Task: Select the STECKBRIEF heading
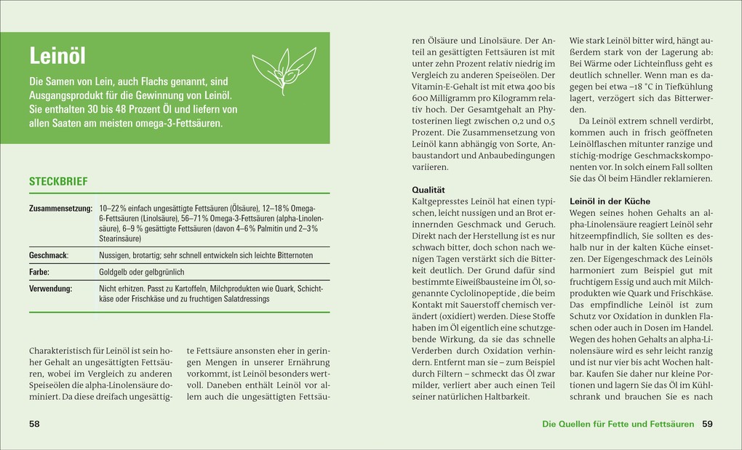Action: point(58,181)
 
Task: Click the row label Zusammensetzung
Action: point(61,208)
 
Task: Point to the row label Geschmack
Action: point(48,255)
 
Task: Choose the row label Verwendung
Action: point(50,289)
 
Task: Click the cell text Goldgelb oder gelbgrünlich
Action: point(141,272)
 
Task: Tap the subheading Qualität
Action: point(428,188)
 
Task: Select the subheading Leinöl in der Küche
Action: point(610,201)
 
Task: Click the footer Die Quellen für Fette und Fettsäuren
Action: point(618,424)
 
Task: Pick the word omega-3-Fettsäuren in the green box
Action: point(180,123)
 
